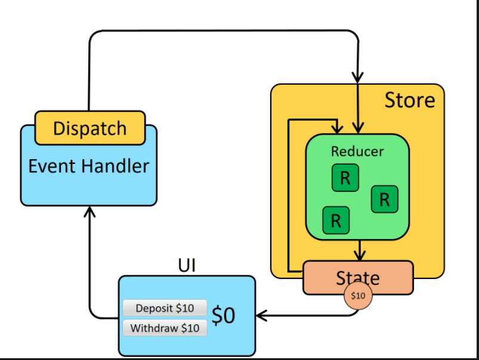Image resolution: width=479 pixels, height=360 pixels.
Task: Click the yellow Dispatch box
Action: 90,128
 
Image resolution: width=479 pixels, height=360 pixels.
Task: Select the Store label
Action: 409,100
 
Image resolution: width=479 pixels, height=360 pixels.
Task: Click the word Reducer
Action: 357,151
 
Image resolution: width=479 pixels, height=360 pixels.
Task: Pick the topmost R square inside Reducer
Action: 345,178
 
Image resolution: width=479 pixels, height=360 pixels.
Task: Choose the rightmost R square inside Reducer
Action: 384,199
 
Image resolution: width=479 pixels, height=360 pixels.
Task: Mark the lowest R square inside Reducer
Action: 336,221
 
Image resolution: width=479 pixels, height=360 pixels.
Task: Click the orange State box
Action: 358,277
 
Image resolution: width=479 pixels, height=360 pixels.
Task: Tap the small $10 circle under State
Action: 358,296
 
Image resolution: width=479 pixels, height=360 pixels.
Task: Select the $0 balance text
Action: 224,315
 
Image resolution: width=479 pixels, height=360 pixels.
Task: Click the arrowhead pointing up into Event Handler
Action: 89,211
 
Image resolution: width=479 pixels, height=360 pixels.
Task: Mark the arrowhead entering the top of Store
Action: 357,78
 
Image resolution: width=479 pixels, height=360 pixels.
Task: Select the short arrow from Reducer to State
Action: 359,250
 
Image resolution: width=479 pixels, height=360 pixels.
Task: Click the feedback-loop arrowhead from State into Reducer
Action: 338,129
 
